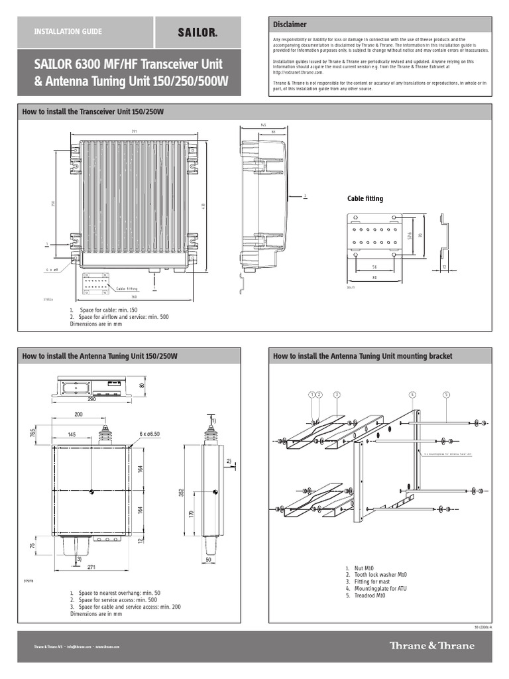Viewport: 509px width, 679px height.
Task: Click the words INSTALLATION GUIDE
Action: (68, 32)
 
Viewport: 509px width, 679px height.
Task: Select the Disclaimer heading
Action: (290, 25)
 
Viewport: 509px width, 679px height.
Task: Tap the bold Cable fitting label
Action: (365, 198)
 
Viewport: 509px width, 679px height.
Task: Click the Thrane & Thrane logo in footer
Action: (431, 646)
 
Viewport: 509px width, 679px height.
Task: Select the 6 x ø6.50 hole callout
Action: (149, 434)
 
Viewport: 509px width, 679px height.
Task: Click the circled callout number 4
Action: (412, 395)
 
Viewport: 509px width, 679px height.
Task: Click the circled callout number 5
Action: (446, 395)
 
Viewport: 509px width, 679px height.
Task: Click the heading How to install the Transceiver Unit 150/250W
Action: (93, 112)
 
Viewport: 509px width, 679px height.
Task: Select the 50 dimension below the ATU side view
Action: (208, 560)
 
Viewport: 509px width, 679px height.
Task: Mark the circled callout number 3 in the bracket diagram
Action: (336, 395)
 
